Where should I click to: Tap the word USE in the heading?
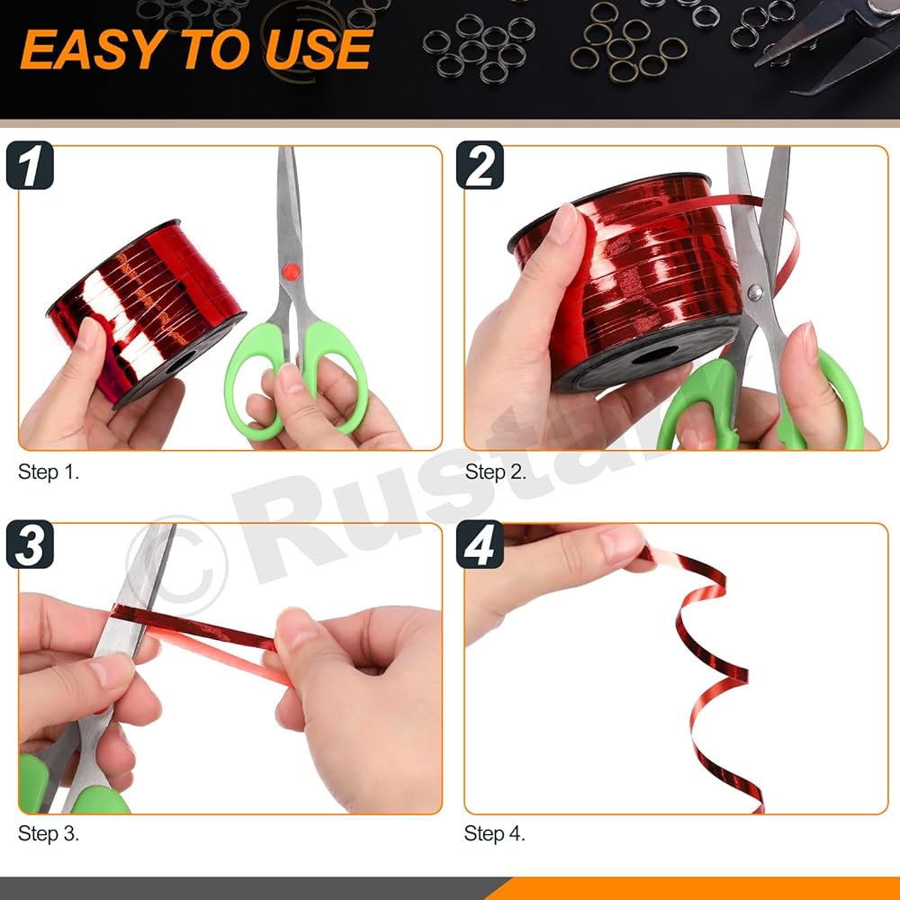(x=319, y=49)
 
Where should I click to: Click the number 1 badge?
(x=30, y=166)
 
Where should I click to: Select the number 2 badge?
(x=480, y=166)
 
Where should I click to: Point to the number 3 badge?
(x=30, y=544)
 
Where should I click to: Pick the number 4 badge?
(x=480, y=544)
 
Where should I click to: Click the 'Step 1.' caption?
(x=49, y=472)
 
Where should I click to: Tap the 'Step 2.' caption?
(x=495, y=472)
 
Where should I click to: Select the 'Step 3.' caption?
(x=49, y=833)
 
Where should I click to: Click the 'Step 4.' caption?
(x=495, y=833)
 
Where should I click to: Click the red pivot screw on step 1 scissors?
(x=291, y=272)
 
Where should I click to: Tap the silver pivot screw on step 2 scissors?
(x=755, y=292)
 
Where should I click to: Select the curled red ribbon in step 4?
(x=712, y=671)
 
